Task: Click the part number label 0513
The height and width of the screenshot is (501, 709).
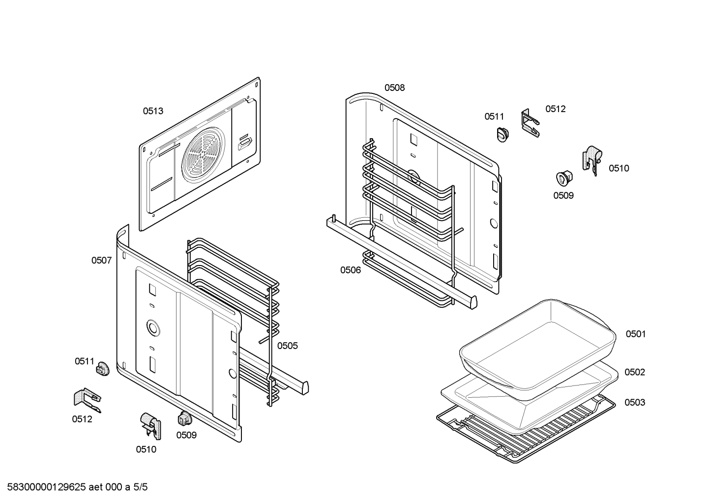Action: click(153, 111)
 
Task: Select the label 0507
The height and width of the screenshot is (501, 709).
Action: click(101, 261)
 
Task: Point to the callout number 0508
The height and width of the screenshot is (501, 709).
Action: click(394, 88)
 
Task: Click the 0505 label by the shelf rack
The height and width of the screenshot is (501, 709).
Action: click(287, 346)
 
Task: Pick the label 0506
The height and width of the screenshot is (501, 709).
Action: click(350, 270)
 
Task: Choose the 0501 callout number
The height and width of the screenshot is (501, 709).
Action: click(635, 334)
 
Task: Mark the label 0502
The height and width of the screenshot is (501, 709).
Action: click(634, 372)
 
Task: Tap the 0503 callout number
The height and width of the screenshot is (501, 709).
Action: click(635, 402)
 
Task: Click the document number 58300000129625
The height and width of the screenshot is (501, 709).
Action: click(44, 487)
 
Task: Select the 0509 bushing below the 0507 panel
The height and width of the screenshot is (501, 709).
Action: click(184, 418)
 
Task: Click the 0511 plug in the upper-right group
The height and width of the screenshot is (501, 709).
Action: click(502, 134)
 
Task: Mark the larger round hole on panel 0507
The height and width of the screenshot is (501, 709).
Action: click(152, 326)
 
